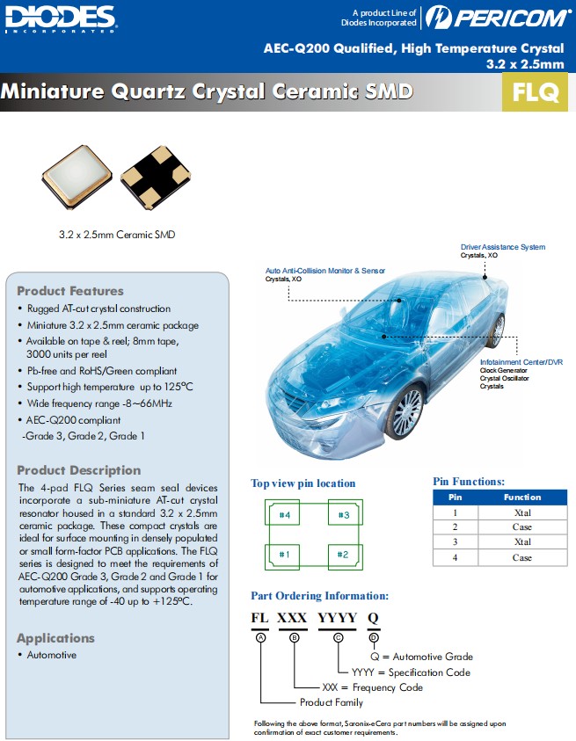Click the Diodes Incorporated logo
[x=60, y=18]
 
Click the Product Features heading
[x=70, y=291]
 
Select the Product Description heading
[x=78, y=470]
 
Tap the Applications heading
[x=55, y=638]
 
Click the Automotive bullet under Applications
[x=51, y=655]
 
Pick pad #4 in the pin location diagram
[x=284, y=514]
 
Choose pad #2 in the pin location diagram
[x=344, y=555]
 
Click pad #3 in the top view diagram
[x=344, y=514]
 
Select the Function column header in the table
[x=522, y=498]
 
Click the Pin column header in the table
[x=456, y=498]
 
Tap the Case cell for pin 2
[x=522, y=527]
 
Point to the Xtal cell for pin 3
[x=522, y=542]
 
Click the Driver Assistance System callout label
[x=502, y=247]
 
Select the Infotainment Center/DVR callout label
[x=521, y=362]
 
